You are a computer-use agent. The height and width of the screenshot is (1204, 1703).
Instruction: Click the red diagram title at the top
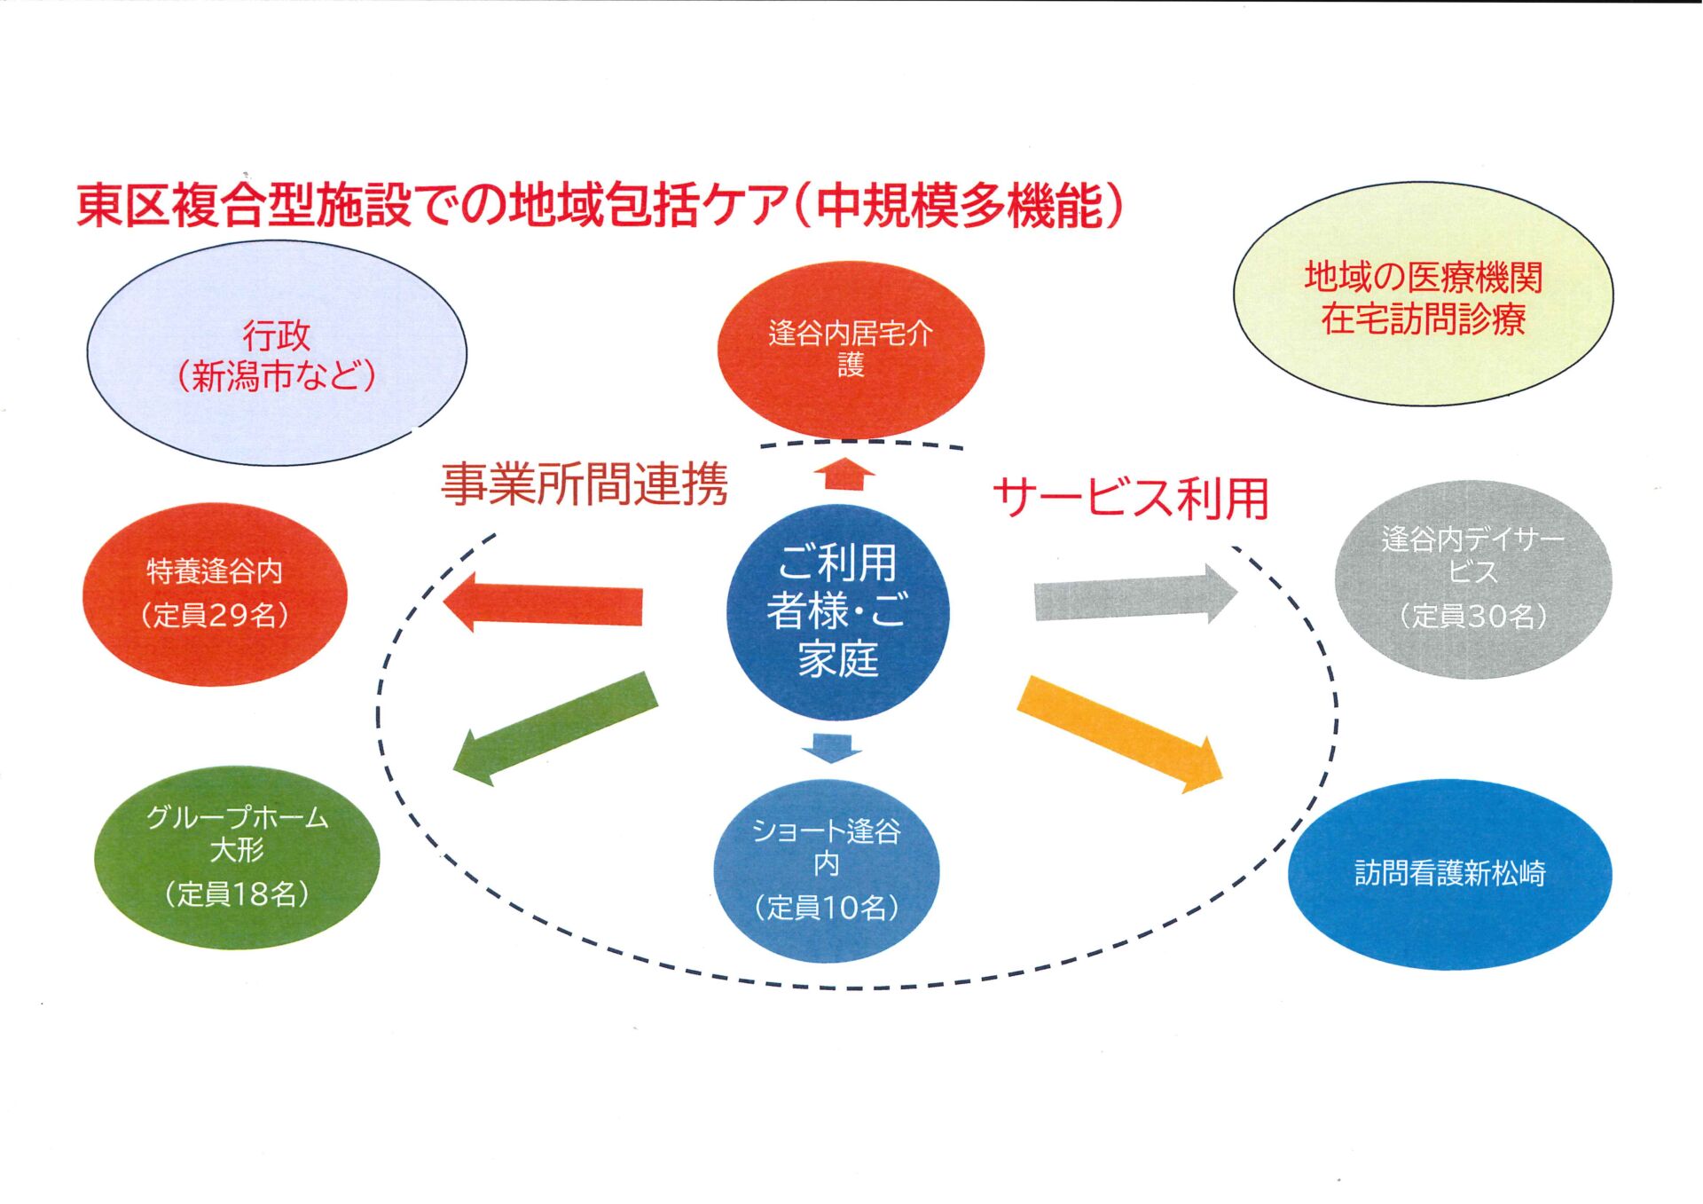(600, 205)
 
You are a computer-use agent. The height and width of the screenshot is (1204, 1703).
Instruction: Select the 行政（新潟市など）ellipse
(277, 354)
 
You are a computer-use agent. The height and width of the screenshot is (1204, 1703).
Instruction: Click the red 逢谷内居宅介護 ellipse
(851, 349)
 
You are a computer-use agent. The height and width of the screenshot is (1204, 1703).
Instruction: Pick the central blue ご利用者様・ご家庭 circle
(837, 611)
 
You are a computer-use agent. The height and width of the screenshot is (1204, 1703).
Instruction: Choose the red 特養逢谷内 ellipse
(215, 594)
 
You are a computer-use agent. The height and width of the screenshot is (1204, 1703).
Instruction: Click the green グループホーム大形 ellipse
(237, 856)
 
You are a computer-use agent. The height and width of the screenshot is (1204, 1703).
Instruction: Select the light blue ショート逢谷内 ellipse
(826, 870)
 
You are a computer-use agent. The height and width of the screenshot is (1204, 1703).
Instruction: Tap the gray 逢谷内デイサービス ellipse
(1472, 578)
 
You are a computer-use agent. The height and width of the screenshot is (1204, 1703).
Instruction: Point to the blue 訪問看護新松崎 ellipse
(1449, 874)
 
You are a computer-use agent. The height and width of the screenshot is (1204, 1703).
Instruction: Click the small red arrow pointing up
(844, 474)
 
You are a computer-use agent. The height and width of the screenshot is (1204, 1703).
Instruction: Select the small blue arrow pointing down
(832, 748)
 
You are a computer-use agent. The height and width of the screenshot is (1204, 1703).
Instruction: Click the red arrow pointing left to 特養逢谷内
(545, 603)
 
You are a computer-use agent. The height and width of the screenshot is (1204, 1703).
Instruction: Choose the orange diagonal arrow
(1120, 733)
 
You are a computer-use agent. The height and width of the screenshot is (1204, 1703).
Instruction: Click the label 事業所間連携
(585, 484)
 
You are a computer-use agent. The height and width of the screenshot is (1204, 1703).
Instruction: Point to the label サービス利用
(1131, 498)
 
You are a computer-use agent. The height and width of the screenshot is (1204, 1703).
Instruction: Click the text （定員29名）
(215, 615)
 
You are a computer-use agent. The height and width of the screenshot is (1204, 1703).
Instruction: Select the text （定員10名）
(826, 907)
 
